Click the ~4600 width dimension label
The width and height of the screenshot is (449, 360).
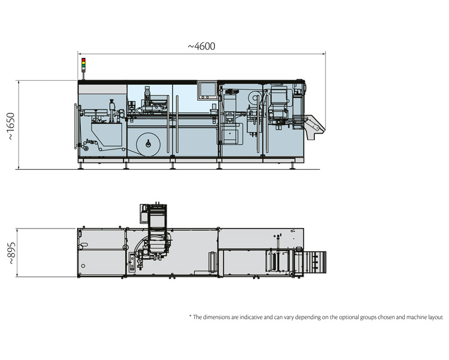point(201,46)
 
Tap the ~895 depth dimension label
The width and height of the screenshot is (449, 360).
point(10,252)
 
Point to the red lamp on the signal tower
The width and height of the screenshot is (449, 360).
point(83,60)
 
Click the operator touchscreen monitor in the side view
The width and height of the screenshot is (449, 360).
point(207,90)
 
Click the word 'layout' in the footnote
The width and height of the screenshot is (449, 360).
point(434,317)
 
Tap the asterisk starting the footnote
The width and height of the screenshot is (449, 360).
point(191,317)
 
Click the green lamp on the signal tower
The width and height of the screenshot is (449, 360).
point(83,69)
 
